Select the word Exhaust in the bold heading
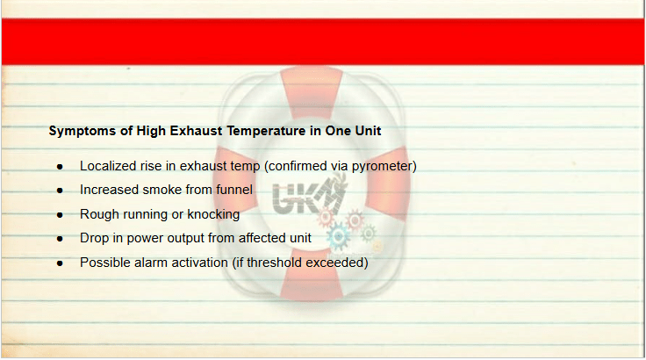[x=197, y=131]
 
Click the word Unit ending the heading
[x=369, y=131]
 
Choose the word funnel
[x=234, y=190]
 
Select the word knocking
[x=213, y=214]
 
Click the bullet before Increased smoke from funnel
[x=61, y=191]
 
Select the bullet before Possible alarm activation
[x=61, y=263]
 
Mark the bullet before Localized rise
[x=61, y=167]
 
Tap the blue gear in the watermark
[x=339, y=236]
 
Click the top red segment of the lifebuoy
[x=312, y=91]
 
